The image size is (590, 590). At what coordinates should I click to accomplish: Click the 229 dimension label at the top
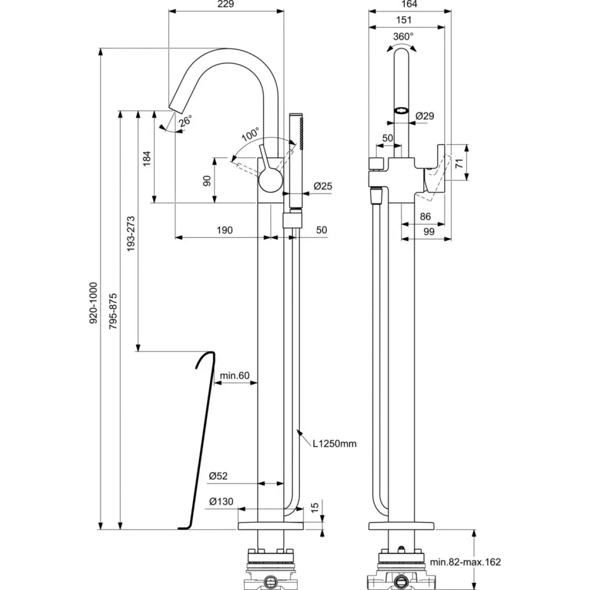[x=226, y=4]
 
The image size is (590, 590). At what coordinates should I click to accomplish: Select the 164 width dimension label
[x=409, y=4]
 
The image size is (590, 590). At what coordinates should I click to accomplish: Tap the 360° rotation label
[x=403, y=36]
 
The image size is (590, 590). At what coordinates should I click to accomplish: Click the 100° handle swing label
[x=250, y=134]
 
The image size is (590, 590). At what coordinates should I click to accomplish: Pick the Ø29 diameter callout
[x=425, y=116]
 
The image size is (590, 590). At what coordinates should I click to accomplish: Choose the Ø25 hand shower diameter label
[x=323, y=186]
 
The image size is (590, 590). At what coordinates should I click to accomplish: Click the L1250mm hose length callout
[x=335, y=443]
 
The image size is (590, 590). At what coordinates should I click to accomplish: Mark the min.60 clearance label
[x=235, y=375]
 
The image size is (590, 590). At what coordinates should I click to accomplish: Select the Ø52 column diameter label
[x=218, y=475]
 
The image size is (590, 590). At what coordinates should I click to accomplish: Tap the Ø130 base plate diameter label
[x=221, y=501]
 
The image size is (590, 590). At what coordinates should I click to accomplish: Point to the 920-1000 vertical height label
[x=93, y=303]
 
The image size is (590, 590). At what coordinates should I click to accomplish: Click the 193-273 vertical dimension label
[x=131, y=234]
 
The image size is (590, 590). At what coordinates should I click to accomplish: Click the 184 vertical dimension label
[x=147, y=158]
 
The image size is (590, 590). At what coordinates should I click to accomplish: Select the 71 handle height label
[x=459, y=163]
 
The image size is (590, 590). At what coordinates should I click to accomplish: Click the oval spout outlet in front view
[x=401, y=110]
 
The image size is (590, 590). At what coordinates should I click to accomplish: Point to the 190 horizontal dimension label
[x=224, y=230]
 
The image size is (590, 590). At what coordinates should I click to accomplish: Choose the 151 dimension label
[x=404, y=20]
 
